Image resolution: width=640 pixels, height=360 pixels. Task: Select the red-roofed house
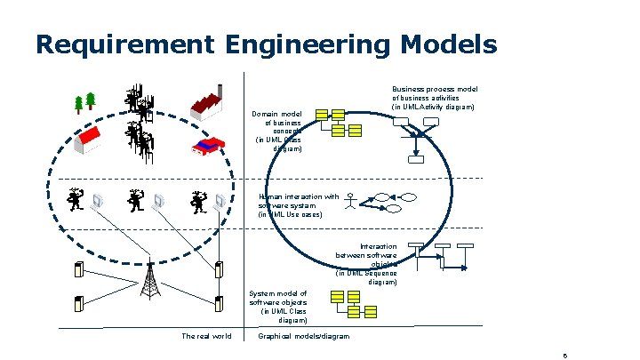pos(92,137)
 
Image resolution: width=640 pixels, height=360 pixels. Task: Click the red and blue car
pos(207,145)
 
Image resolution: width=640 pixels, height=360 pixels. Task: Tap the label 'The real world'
pos(206,336)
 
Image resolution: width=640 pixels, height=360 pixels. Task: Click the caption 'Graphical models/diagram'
pos(303,336)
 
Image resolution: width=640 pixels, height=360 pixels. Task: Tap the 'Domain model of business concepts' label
pos(279,132)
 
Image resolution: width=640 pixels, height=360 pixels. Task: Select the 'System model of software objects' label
pos(279,307)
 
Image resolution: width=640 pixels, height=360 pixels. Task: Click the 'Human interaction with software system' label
pos(298,205)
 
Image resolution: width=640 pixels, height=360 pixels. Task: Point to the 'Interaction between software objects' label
pos(366,264)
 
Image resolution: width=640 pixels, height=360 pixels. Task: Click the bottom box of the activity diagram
pos(416,159)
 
